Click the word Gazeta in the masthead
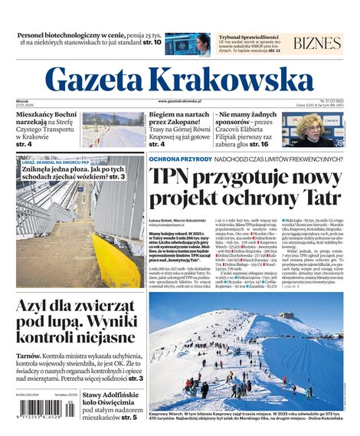(x=94, y=77)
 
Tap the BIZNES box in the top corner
(x=317, y=42)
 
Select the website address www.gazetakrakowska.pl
(x=180, y=101)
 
